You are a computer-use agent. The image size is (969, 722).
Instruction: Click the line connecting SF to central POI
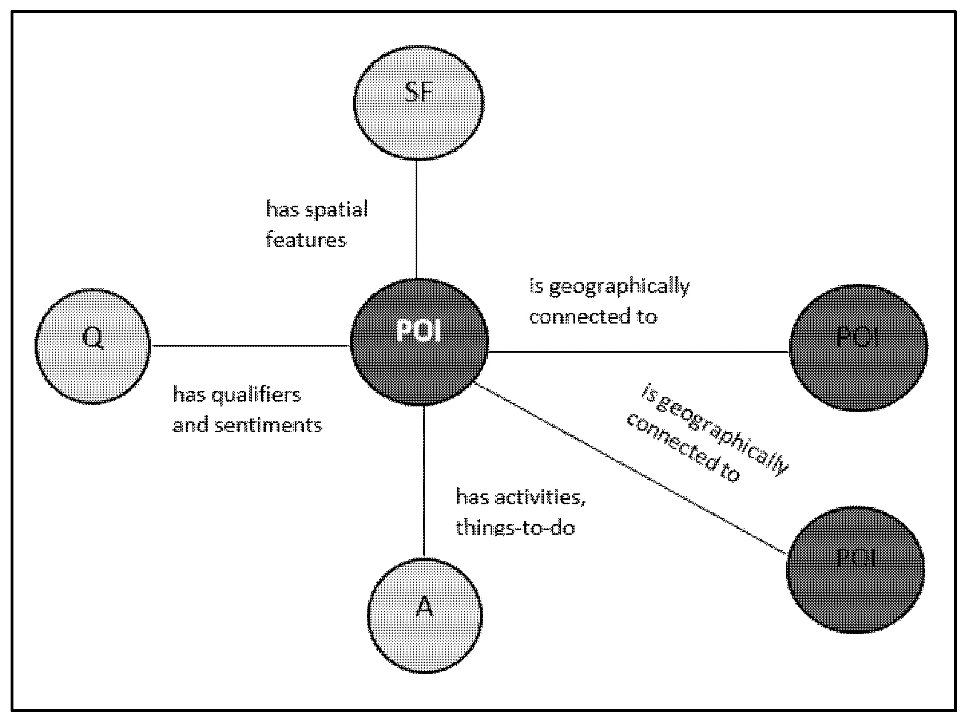(416, 218)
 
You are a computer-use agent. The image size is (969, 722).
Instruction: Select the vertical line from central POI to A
(424, 481)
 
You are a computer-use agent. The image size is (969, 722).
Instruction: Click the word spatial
(336, 209)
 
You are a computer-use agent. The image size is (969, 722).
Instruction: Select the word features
(306, 240)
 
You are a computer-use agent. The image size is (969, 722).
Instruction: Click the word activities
(540, 497)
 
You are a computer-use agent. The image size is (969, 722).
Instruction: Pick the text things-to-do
(515, 528)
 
